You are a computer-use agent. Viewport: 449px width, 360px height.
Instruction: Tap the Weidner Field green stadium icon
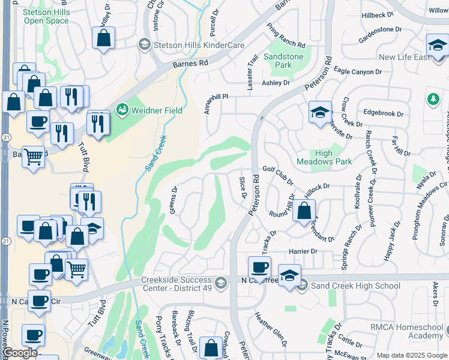coord(122,110)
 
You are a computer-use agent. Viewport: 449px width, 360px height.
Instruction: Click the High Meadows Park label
coord(324,157)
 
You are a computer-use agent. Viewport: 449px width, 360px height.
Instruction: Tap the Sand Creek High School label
coord(355,286)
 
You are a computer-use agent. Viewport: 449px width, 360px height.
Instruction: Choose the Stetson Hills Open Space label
coord(46,16)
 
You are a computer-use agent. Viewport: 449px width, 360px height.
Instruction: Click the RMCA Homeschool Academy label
coord(406,331)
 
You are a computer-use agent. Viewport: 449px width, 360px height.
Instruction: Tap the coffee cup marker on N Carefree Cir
coord(259,266)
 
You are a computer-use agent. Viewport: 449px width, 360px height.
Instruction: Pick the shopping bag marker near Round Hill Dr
coord(304,210)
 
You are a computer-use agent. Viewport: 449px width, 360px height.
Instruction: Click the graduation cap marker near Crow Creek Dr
coord(321,111)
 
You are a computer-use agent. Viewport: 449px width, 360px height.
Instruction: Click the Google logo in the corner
coord(20,353)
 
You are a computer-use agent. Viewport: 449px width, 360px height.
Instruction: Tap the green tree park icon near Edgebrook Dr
coord(432,98)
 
